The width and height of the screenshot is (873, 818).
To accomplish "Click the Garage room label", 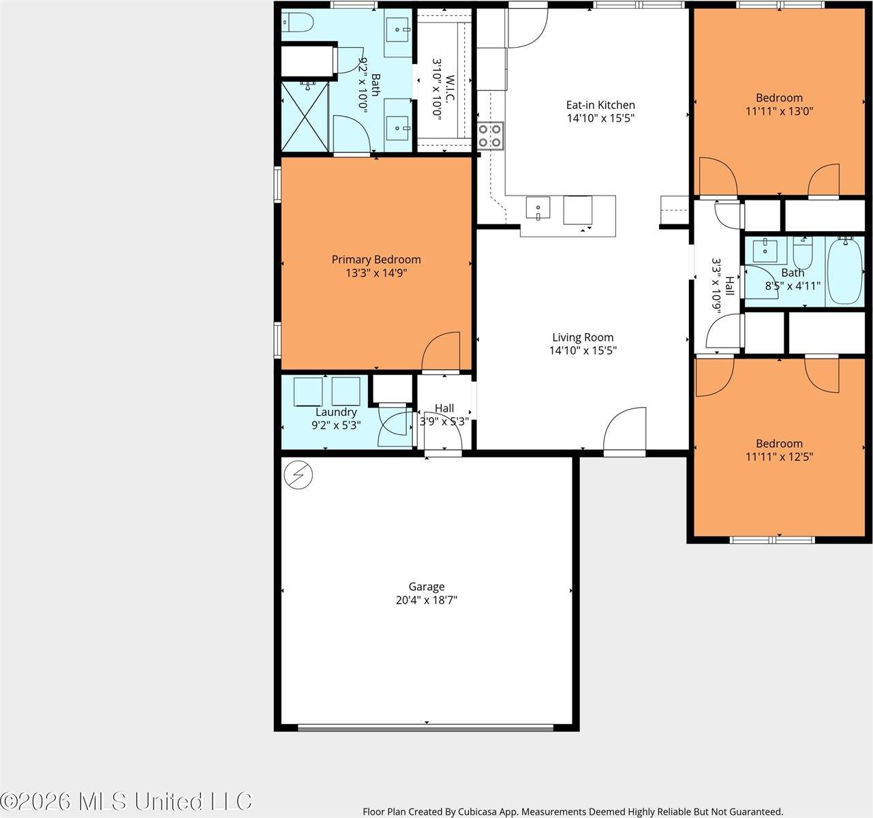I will pyautogui.click(x=427, y=586).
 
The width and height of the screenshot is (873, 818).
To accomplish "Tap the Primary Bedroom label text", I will pyautogui.click(x=376, y=260).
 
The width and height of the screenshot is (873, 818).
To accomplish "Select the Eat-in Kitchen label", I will pyautogui.click(x=600, y=105).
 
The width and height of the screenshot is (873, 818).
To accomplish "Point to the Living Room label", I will pyautogui.click(x=583, y=337).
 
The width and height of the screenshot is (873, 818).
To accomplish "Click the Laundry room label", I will pyautogui.click(x=336, y=412).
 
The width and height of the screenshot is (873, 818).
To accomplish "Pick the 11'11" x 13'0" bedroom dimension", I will pyautogui.click(x=779, y=111).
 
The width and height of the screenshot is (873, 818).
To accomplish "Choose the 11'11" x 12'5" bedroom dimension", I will pyautogui.click(x=779, y=457).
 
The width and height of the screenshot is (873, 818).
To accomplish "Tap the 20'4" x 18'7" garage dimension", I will pyautogui.click(x=427, y=601).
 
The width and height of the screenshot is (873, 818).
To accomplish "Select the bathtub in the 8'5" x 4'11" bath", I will pyautogui.click(x=844, y=270).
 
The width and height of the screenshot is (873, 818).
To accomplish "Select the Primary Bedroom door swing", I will pyautogui.click(x=441, y=352).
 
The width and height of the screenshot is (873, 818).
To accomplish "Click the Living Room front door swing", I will pyautogui.click(x=624, y=430).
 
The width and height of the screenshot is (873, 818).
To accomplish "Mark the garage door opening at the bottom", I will pyautogui.click(x=426, y=727).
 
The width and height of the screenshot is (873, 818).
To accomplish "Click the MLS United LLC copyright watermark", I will pyautogui.click(x=126, y=800).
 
